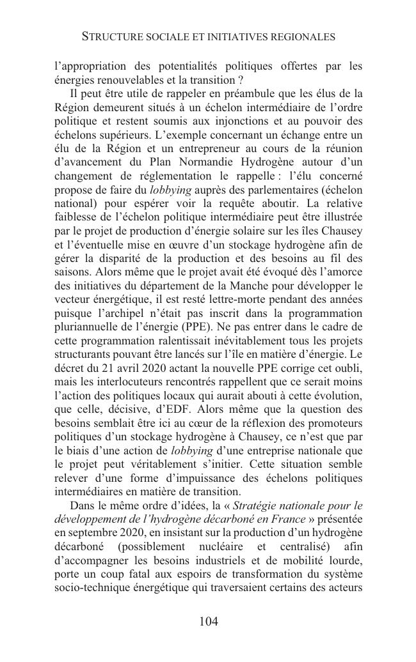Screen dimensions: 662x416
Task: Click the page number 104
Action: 209,622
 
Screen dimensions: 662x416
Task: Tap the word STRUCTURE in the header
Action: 113,37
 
